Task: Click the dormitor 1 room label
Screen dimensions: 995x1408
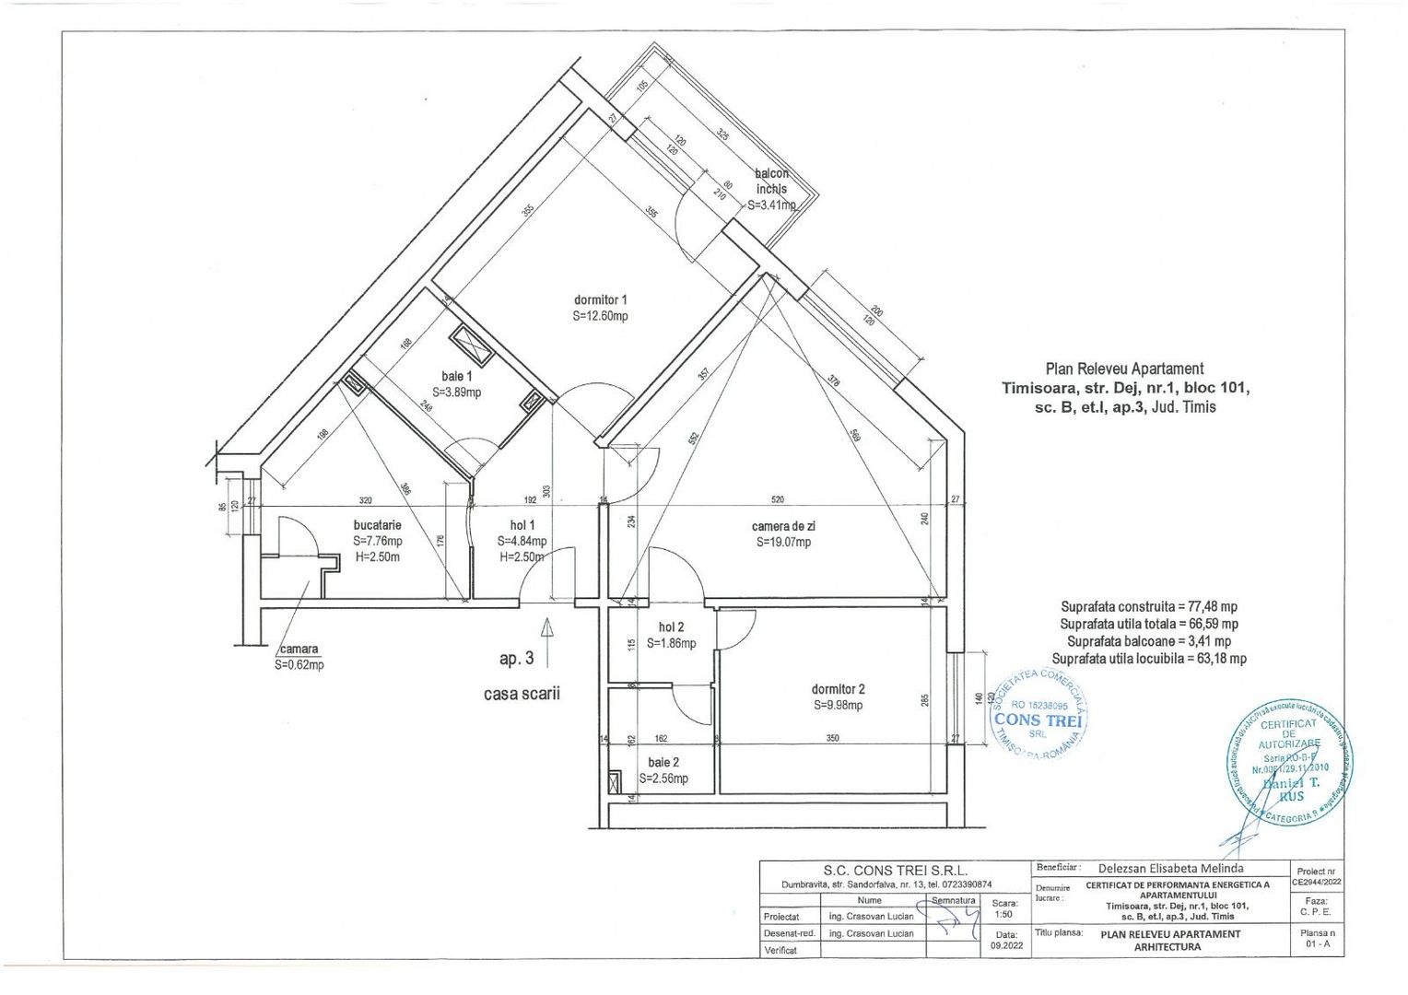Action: point(600,299)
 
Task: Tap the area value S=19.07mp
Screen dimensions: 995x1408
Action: point(784,543)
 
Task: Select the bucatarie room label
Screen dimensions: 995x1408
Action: point(377,525)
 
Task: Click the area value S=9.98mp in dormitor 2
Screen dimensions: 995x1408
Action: point(838,706)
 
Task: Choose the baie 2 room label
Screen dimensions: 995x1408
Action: point(663,762)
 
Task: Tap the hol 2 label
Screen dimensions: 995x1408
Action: point(671,626)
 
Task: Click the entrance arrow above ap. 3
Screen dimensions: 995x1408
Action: point(547,637)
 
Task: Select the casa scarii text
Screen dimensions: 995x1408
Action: point(522,694)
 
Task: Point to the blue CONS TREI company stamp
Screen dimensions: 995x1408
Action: point(1038,717)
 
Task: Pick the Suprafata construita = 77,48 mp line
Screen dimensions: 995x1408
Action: point(1149,607)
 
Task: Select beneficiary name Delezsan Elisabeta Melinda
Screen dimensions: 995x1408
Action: point(1171,868)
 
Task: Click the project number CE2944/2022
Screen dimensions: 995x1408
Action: point(1315,882)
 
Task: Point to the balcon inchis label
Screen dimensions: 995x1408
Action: point(771,181)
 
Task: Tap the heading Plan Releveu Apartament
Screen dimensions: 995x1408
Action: point(1124,369)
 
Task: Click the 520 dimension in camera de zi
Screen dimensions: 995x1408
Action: point(778,500)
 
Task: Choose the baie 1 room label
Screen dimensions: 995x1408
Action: point(457,376)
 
